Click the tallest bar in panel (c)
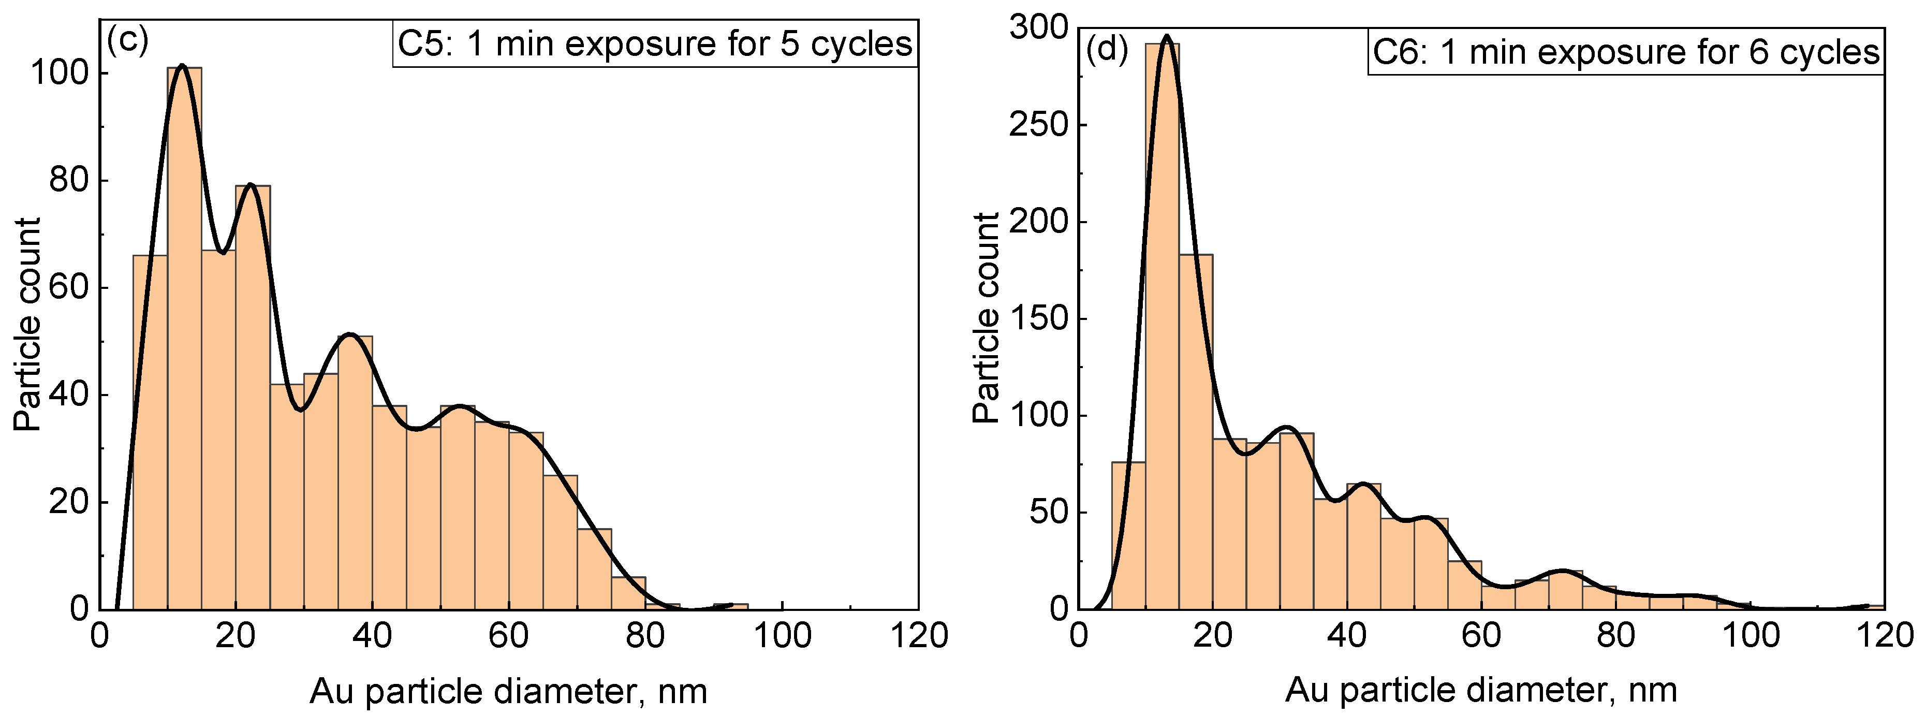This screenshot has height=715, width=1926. (184, 337)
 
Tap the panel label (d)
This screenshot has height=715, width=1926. (1107, 49)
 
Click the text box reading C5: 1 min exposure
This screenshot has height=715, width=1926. (654, 44)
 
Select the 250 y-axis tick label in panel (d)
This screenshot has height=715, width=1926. (1039, 125)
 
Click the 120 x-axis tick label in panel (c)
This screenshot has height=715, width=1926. (919, 636)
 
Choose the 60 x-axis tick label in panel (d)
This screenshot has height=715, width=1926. (1481, 636)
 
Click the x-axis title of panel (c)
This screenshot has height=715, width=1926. (508, 691)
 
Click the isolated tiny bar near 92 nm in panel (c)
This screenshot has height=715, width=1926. (730, 606)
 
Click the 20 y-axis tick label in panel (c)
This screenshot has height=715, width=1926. (69, 502)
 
